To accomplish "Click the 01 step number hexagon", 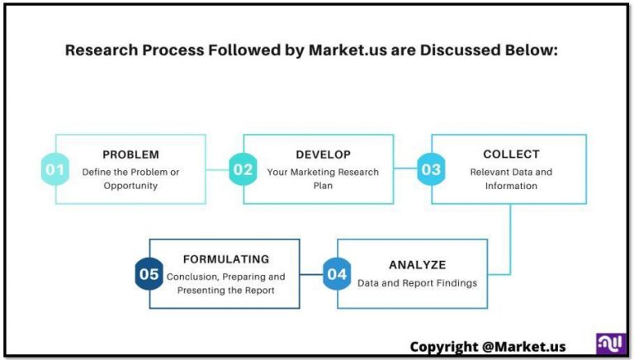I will click(54, 170).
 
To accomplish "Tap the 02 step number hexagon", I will click(243, 170).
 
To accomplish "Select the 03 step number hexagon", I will click(431, 170).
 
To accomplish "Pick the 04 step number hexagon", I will click(337, 274).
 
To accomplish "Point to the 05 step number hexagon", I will click(149, 274).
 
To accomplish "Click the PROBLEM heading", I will click(130, 154).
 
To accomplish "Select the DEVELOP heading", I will click(323, 154).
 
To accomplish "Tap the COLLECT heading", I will click(511, 154).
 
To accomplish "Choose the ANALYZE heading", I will click(417, 265).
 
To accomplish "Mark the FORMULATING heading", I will click(225, 259).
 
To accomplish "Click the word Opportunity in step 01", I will click(130, 186).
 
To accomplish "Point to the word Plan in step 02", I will click(323, 186).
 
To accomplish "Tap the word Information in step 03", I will click(511, 186).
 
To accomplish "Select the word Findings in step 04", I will click(453, 282).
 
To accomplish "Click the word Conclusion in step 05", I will click(192, 277).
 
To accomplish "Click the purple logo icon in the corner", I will click(610, 344).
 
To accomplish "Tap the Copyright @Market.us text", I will click(488, 346).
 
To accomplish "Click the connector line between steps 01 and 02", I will click(217, 170).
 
